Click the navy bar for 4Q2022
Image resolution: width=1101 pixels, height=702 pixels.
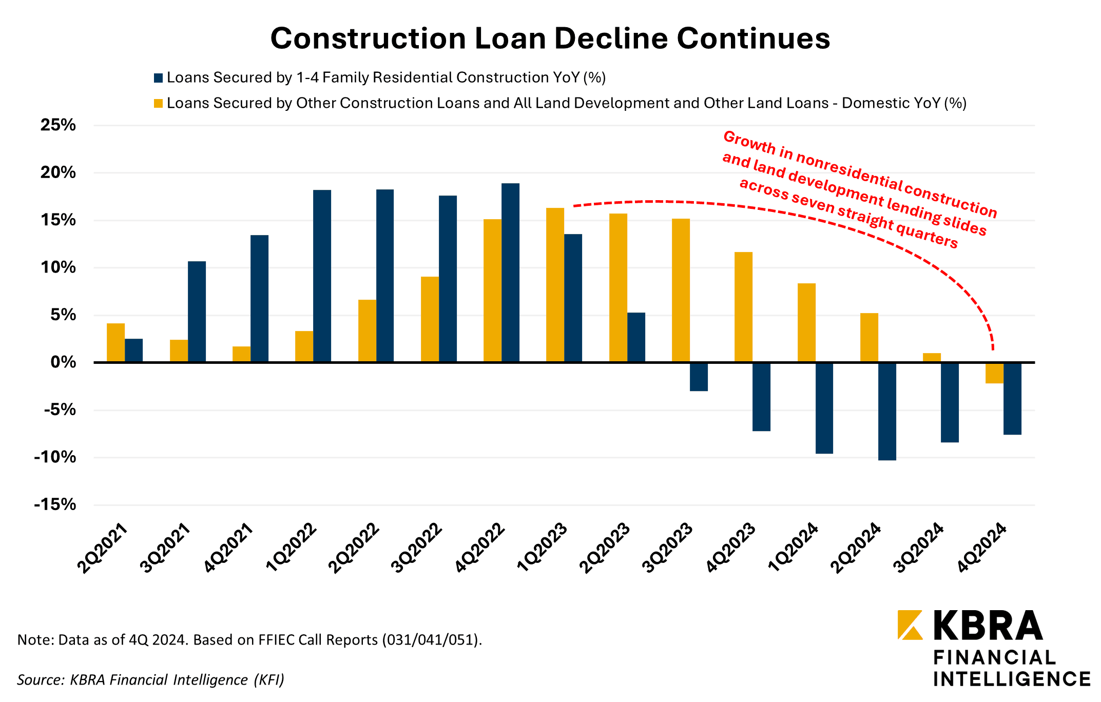[510, 272]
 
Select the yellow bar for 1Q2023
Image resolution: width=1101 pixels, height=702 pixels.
[555, 285]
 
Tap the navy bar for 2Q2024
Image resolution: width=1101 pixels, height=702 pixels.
[887, 411]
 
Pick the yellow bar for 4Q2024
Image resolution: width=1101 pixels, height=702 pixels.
[994, 373]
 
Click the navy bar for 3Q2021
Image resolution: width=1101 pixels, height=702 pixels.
[197, 311]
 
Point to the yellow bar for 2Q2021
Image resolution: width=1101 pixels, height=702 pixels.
[115, 343]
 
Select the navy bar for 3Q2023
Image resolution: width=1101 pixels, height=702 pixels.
[699, 377]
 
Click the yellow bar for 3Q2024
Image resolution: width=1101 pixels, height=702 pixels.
[932, 358]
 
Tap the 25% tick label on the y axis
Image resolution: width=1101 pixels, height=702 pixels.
[58, 125]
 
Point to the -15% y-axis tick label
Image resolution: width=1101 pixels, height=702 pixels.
[55, 504]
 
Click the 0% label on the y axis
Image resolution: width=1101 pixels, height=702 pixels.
[63, 362]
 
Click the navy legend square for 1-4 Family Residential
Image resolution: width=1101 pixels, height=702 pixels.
[159, 78]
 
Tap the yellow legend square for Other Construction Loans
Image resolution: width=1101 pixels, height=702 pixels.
[159, 104]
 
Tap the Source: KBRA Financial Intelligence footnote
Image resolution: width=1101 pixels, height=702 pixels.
[150, 680]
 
